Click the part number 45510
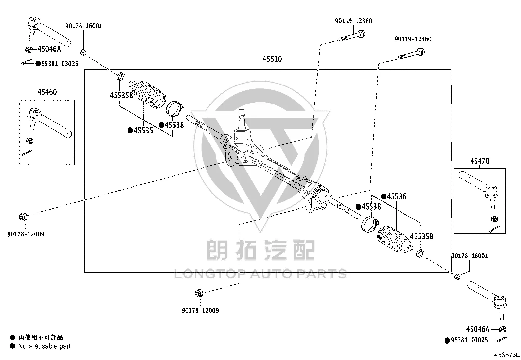[x=272, y=59]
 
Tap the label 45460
[x=47, y=92]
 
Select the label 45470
[x=479, y=161]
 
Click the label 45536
[x=397, y=197]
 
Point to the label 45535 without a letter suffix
[x=143, y=131]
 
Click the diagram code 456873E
[x=507, y=355]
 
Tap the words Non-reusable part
[x=44, y=346]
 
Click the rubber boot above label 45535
[x=147, y=94]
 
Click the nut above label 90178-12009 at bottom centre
[x=199, y=293]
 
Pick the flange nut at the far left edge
[x=23, y=217]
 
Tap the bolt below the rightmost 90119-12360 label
[x=412, y=54]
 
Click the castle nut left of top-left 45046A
[x=28, y=49]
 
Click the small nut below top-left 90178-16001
[x=83, y=53]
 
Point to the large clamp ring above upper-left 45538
[x=174, y=108]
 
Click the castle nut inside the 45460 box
[x=29, y=141]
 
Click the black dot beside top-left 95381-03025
[x=38, y=64]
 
